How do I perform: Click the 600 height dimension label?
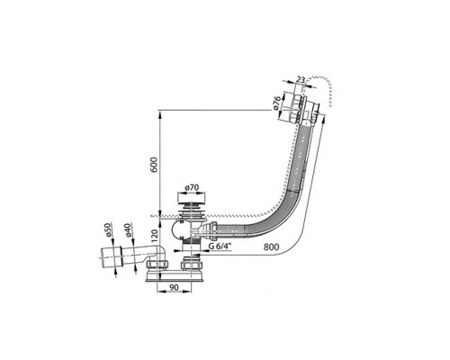point(153,164)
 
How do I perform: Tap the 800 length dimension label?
point(271,247)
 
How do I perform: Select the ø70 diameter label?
point(192,187)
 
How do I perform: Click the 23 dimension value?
point(301,80)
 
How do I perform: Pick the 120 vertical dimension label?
point(155,236)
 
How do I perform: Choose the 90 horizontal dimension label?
point(174,287)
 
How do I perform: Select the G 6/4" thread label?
point(220,247)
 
